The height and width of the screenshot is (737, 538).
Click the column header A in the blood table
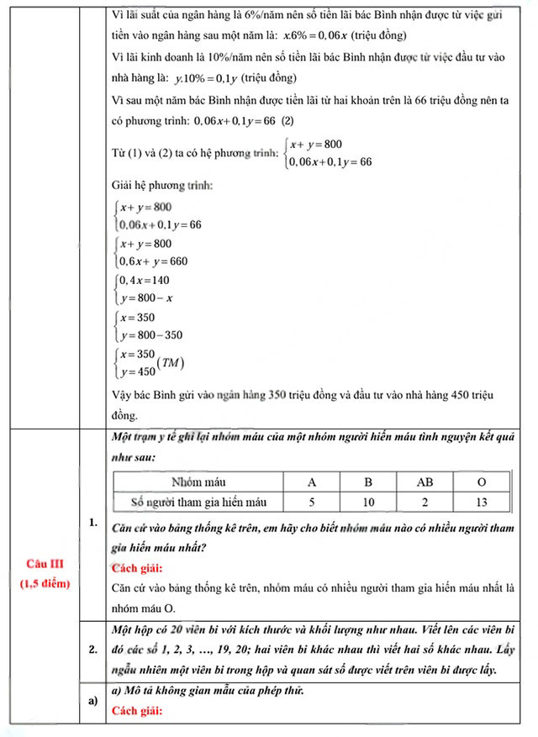click(312, 482)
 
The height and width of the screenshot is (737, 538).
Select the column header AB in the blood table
click(425, 482)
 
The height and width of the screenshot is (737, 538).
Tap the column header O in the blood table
click(480, 482)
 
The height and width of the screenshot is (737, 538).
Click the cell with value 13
click(480, 502)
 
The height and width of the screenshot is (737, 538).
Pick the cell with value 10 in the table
click(368, 502)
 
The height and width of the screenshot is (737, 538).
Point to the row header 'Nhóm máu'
click(198, 482)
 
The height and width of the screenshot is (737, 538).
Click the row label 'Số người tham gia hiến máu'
click(199, 502)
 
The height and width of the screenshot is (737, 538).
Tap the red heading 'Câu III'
click(40, 563)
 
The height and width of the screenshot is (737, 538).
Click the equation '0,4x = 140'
click(145, 280)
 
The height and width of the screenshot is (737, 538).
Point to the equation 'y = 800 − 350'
click(151, 334)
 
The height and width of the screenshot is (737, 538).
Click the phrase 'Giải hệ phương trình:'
click(161, 184)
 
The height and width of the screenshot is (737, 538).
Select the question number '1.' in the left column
click(92, 524)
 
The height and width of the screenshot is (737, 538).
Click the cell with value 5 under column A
click(312, 502)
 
